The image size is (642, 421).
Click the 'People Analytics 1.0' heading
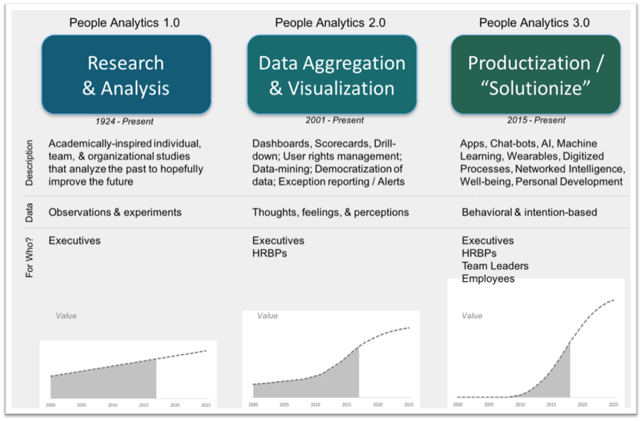[124, 23]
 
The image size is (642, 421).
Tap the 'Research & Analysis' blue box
[127, 75]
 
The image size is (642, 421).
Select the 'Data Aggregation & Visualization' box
[332, 75]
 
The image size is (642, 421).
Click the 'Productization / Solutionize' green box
[536, 75]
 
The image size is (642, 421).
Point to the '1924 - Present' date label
[124, 122]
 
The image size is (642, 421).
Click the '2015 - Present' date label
[536, 120]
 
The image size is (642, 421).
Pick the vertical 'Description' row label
[29, 163]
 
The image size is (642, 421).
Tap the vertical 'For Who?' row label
[29, 257]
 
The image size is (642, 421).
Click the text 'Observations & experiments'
[115, 212]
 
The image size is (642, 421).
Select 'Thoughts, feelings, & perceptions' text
[330, 212]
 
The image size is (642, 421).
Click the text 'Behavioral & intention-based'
[530, 212]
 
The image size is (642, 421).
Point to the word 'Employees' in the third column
[488, 279]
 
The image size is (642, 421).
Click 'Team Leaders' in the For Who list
[495, 266]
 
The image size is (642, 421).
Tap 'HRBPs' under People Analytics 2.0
[269, 253]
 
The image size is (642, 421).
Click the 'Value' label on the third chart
[472, 316]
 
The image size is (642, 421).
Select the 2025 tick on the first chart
[206, 405]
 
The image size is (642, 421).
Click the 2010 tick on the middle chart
[315, 405]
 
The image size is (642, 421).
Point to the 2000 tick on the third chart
[458, 405]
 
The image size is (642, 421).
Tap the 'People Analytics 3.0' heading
[534, 23]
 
